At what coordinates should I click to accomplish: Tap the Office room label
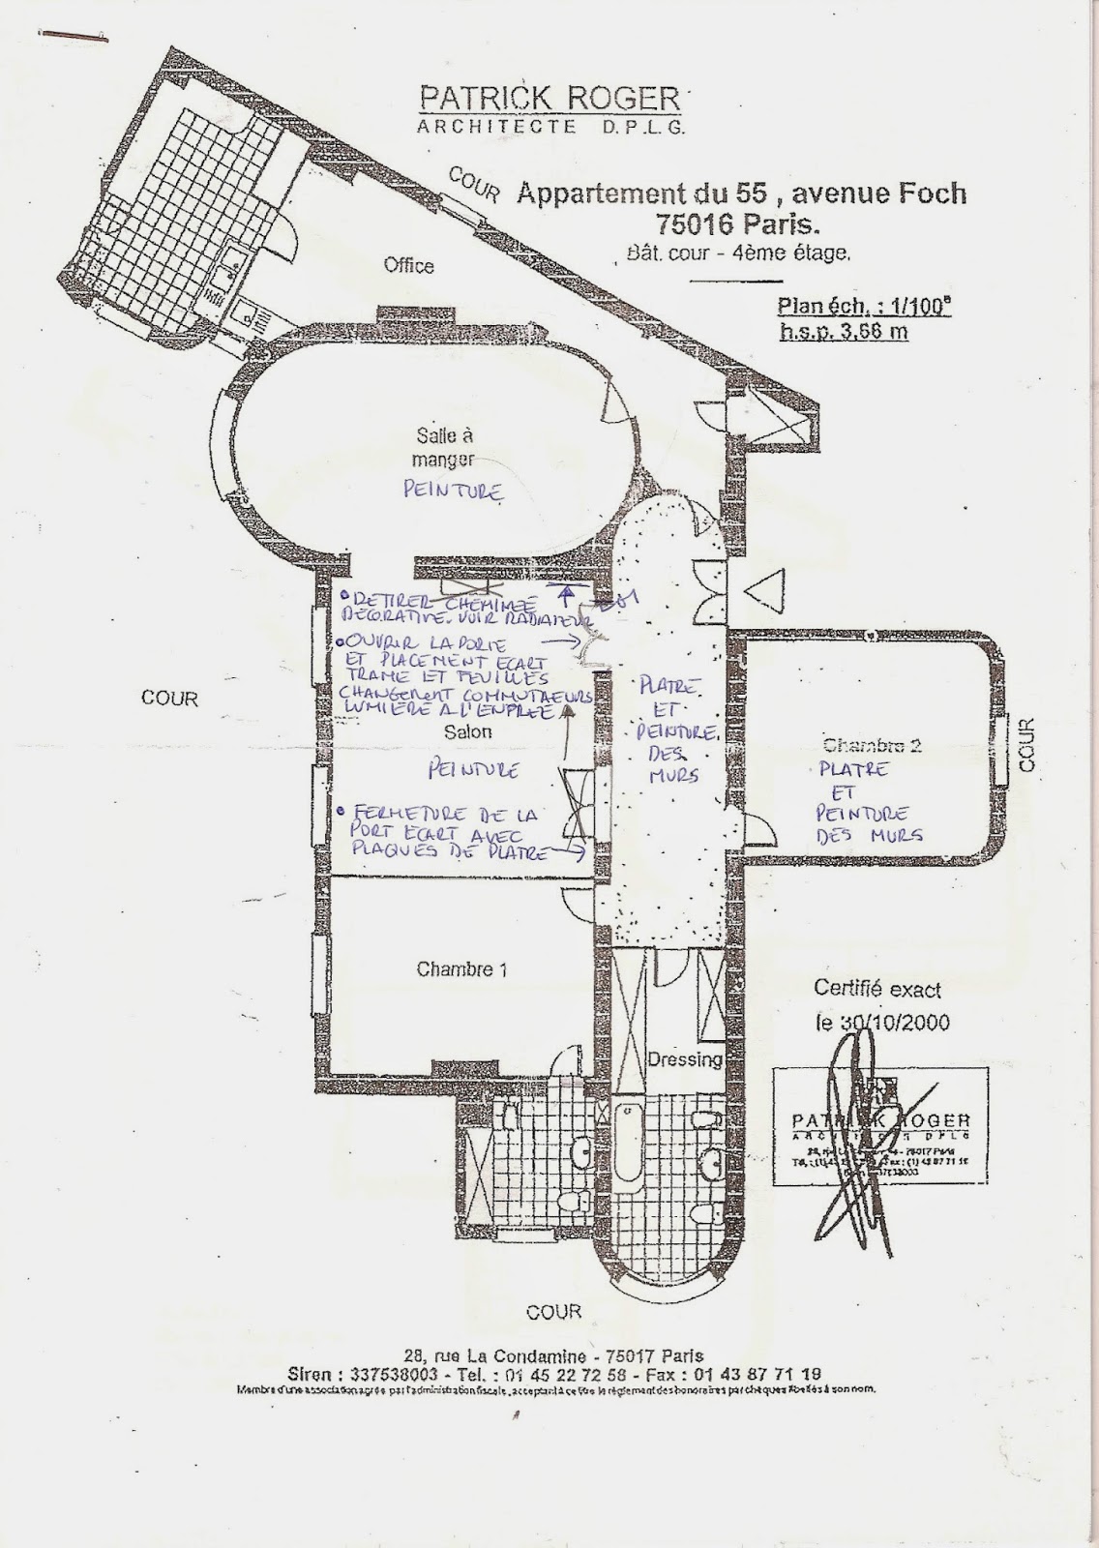408,266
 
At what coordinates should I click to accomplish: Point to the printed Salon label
467,732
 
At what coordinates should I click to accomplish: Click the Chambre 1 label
461,969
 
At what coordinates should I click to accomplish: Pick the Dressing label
685,1058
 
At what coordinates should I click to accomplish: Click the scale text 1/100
918,307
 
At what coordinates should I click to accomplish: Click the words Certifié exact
876,990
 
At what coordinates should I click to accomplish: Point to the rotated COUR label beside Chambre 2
1026,744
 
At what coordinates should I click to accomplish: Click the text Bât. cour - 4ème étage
738,254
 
